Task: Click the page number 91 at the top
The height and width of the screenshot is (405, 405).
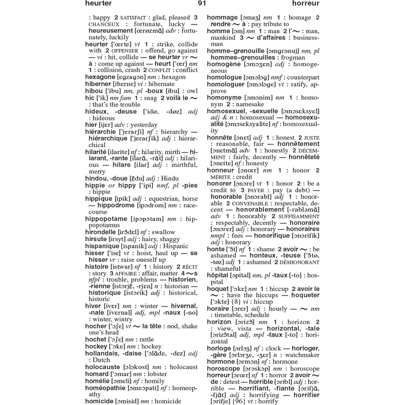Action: click(202, 3)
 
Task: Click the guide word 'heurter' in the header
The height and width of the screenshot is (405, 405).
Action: click(98, 3)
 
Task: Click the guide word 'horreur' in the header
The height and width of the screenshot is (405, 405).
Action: click(306, 3)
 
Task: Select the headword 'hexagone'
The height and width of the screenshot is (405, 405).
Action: click(100, 77)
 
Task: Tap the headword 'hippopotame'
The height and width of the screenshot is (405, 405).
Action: click(106, 219)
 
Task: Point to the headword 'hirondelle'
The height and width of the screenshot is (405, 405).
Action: click(101, 232)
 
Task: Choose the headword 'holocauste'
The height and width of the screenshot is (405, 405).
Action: click(102, 367)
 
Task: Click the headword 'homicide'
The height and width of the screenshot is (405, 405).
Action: click(99, 401)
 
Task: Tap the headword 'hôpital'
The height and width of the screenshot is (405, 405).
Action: click(217, 275)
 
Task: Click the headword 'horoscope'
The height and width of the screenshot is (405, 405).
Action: click(223, 369)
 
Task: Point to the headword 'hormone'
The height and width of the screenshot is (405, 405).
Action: click(221, 362)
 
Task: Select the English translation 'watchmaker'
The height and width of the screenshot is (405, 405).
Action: click(302, 355)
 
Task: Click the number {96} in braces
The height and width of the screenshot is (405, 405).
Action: click(239, 401)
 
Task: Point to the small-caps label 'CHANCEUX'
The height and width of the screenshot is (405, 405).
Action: click(104, 24)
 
